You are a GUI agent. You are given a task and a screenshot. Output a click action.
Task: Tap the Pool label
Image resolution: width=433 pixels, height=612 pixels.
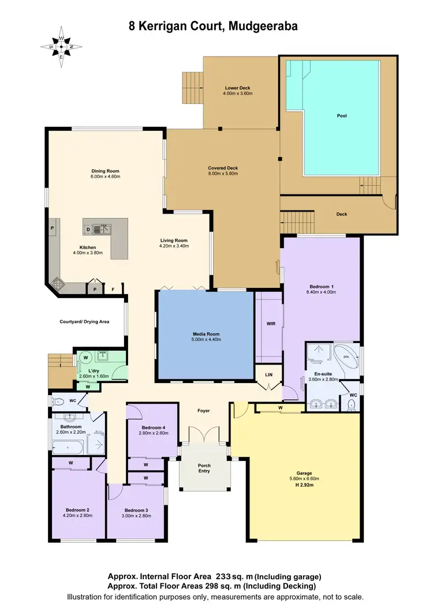coord(342,116)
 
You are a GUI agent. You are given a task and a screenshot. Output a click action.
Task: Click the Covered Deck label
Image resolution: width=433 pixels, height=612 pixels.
coord(223,168)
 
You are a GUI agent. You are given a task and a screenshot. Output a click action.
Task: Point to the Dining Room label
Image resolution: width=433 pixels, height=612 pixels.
coord(105,171)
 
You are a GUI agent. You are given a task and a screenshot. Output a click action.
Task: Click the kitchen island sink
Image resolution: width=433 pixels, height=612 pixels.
coord(104,229)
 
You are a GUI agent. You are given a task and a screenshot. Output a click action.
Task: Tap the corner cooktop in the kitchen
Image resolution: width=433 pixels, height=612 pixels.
coord(58,282)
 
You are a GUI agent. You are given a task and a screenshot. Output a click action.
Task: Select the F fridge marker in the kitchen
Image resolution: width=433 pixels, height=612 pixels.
coord(113,288)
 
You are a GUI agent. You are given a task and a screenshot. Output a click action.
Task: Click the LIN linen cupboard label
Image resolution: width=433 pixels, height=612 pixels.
coord(267,375)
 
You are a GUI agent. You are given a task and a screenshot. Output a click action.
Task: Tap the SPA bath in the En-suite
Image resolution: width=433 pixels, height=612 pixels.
coord(346,358)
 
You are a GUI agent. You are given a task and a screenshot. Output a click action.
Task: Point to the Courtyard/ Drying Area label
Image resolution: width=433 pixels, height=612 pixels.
coord(84,322)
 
